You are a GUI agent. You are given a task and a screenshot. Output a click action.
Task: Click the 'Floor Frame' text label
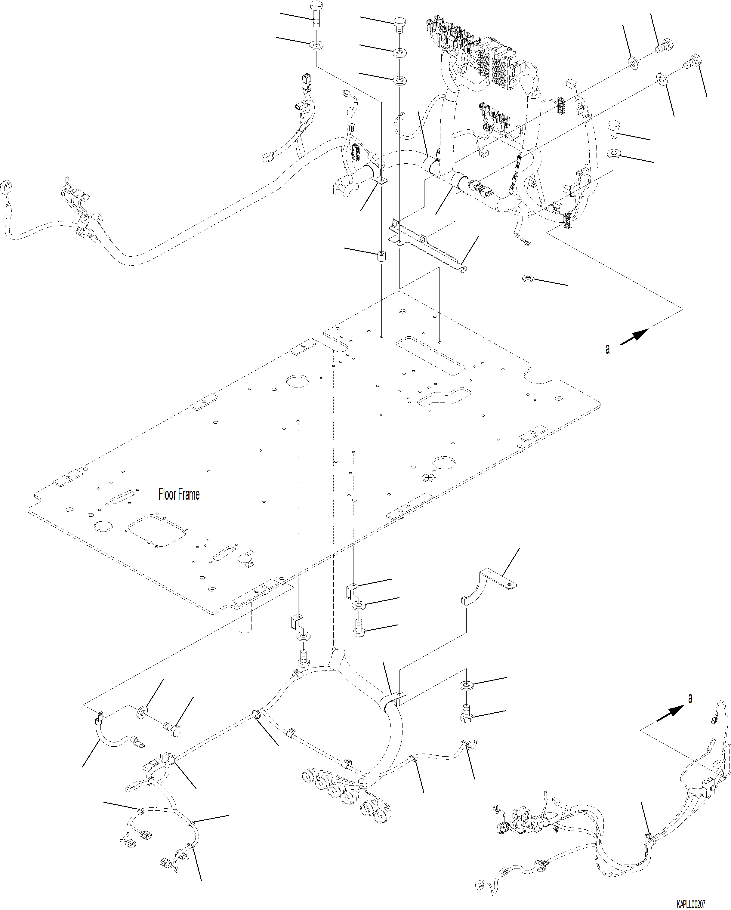(179, 494)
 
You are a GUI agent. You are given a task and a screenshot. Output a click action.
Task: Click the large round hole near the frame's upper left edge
(298, 380)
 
